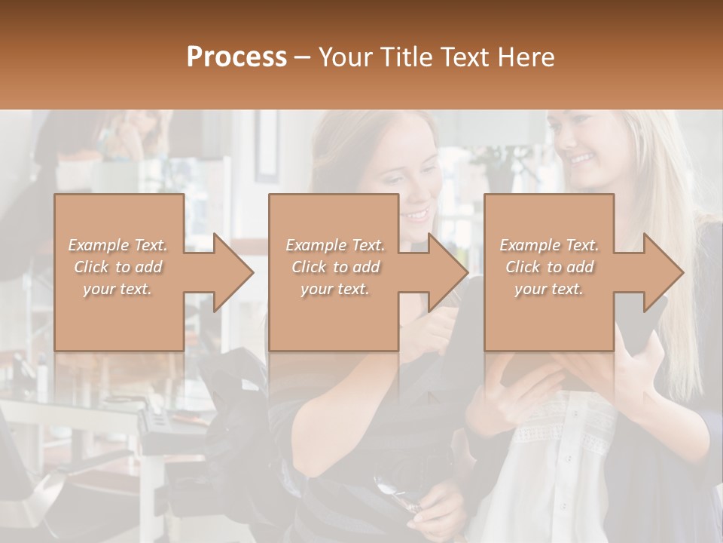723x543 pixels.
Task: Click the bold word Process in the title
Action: [x=236, y=57]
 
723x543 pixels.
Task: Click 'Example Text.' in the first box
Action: [x=117, y=245]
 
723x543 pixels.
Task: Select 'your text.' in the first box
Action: [x=117, y=289]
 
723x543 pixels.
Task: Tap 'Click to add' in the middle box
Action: [x=335, y=267]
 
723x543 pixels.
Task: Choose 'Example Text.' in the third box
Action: [x=549, y=245]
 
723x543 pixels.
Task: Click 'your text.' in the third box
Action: [x=549, y=289]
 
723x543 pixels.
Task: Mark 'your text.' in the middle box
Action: [x=335, y=289]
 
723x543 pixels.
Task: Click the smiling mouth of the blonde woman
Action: [x=581, y=159]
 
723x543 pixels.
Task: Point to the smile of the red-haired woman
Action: [x=415, y=215]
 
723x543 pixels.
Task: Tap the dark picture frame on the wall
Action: [x=267, y=147]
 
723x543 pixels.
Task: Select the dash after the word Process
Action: [x=303, y=57]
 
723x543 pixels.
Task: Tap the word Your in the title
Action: [x=343, y=57]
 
